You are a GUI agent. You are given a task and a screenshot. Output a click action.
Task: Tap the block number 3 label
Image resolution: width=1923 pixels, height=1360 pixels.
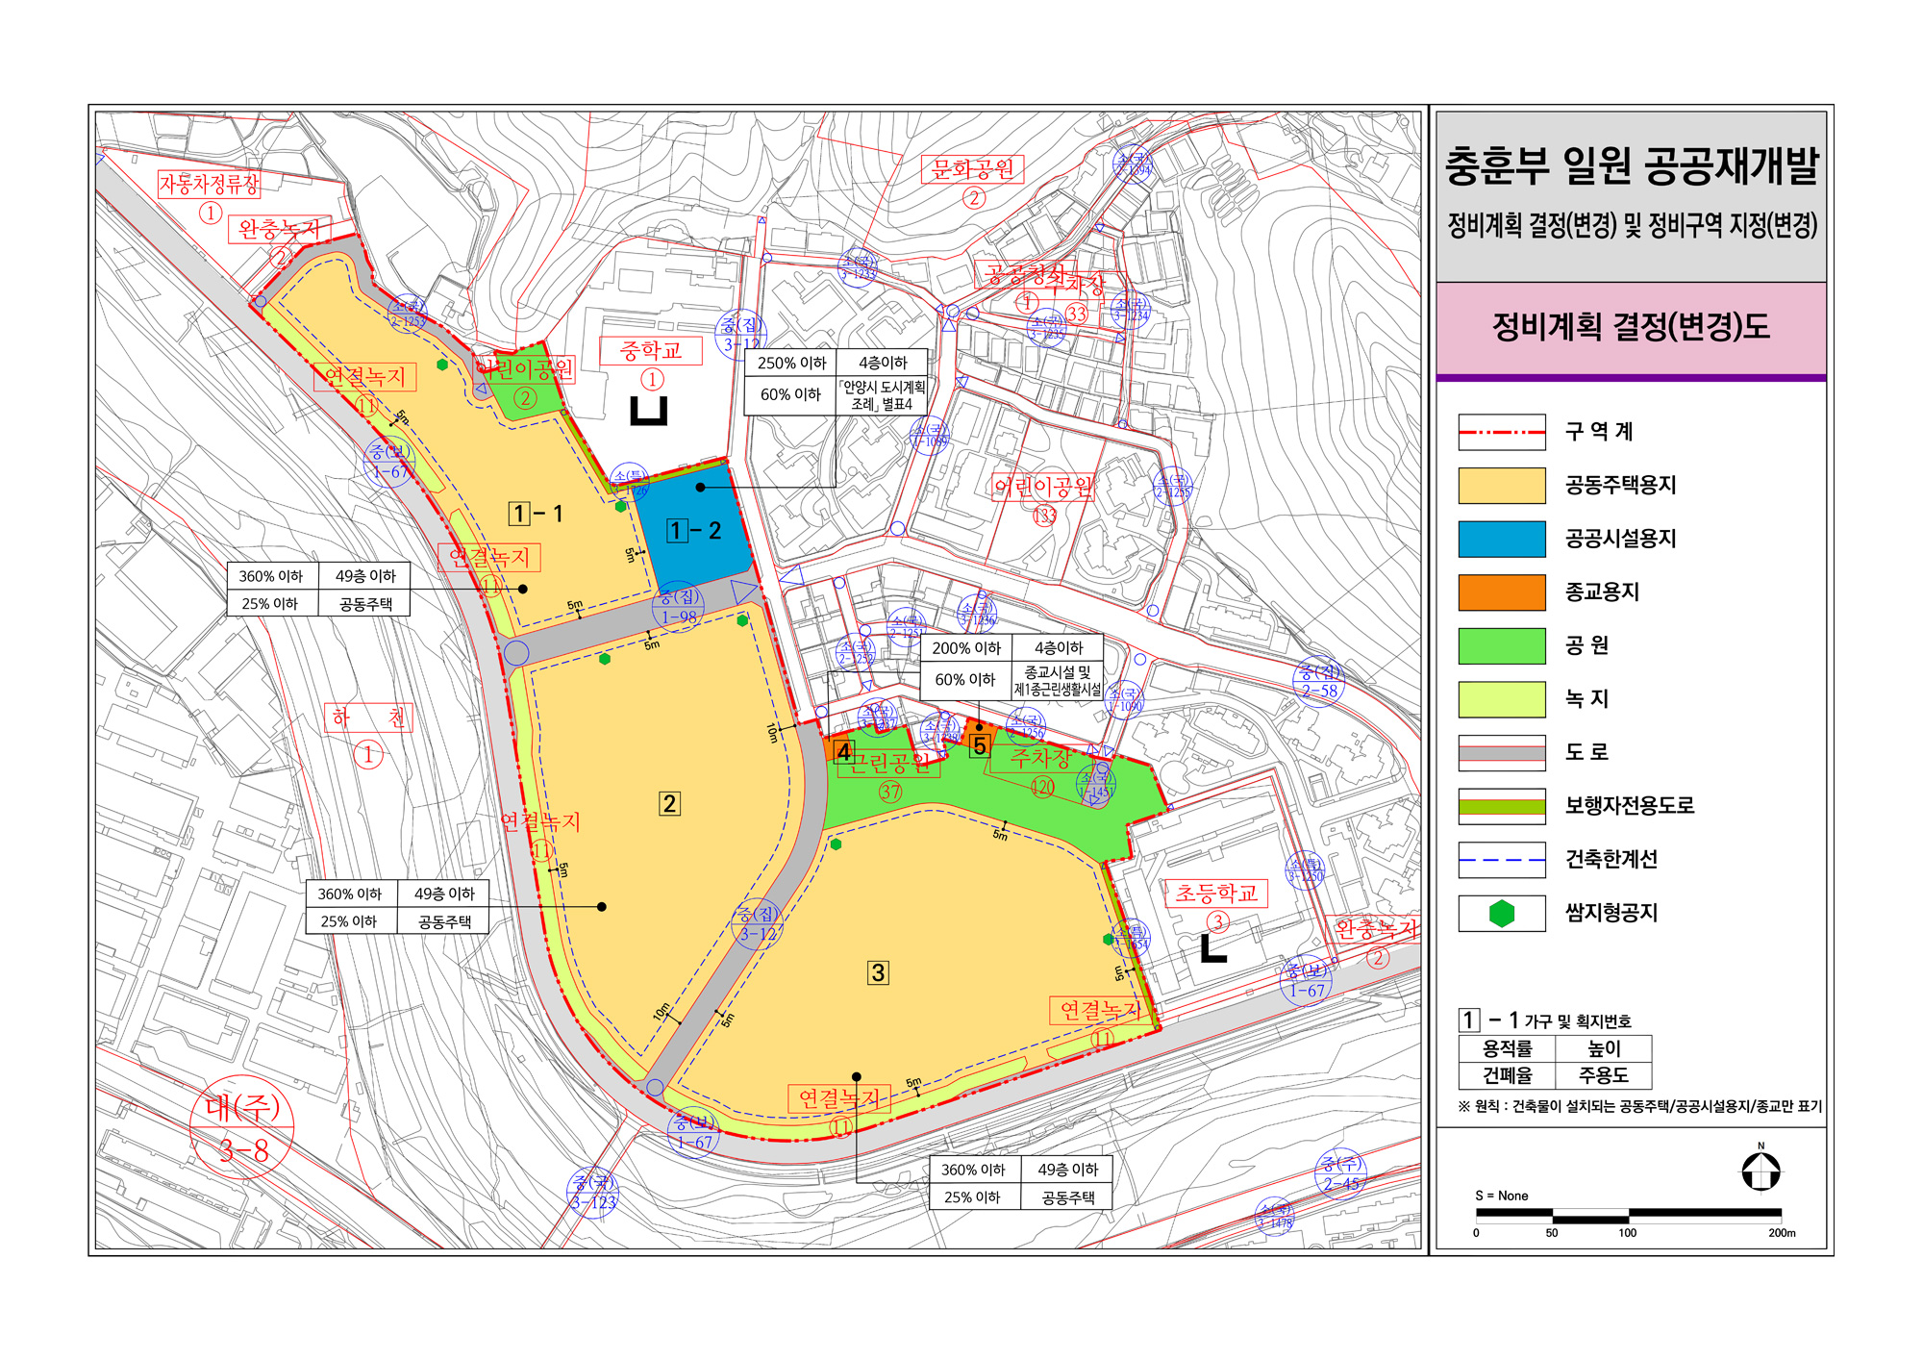click(x=878, y=972)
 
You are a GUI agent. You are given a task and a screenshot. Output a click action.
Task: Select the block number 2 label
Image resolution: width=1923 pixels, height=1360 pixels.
click(x=669, y=803)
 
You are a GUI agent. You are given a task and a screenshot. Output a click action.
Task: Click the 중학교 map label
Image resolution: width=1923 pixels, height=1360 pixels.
click(x=651, y=351)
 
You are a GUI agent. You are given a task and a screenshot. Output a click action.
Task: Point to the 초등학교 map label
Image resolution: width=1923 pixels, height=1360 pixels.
click(x=1216, y=894)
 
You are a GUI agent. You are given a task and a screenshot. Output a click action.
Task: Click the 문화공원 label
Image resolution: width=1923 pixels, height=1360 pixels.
click(x=973, y=170)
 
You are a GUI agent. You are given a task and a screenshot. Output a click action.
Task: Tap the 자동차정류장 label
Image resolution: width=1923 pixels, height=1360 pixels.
click(x=209, y=184)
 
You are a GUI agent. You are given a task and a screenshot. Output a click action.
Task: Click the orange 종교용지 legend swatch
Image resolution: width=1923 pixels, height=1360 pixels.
click(x=1501, y=592)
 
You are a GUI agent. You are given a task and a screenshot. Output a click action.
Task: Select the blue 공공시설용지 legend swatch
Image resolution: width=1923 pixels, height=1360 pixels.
click(x=1501, y=539)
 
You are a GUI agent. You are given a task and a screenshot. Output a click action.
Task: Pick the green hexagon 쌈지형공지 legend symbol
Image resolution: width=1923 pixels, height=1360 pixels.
click(x=1501, y=914)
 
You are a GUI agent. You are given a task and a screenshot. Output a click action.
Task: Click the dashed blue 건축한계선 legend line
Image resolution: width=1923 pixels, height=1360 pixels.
click(x=1501, y=860)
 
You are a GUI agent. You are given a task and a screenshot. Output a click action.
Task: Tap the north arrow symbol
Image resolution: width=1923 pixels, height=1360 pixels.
click(x=1761, y=1171)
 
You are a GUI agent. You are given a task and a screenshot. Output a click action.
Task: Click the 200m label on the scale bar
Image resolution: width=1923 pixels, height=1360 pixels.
click(x=1781, y=1233)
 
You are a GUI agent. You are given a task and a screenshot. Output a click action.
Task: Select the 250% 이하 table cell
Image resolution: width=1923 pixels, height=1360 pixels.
click(x=790, y=363)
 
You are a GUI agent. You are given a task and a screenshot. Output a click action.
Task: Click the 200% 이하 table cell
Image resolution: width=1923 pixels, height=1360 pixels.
click(x=965, y=648)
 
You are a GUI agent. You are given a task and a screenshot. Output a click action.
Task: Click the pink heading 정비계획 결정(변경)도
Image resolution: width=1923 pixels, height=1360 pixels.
click(x=1631, y=327)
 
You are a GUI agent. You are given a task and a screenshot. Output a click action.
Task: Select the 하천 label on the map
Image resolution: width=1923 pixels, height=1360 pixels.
click(x=369, y=718)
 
